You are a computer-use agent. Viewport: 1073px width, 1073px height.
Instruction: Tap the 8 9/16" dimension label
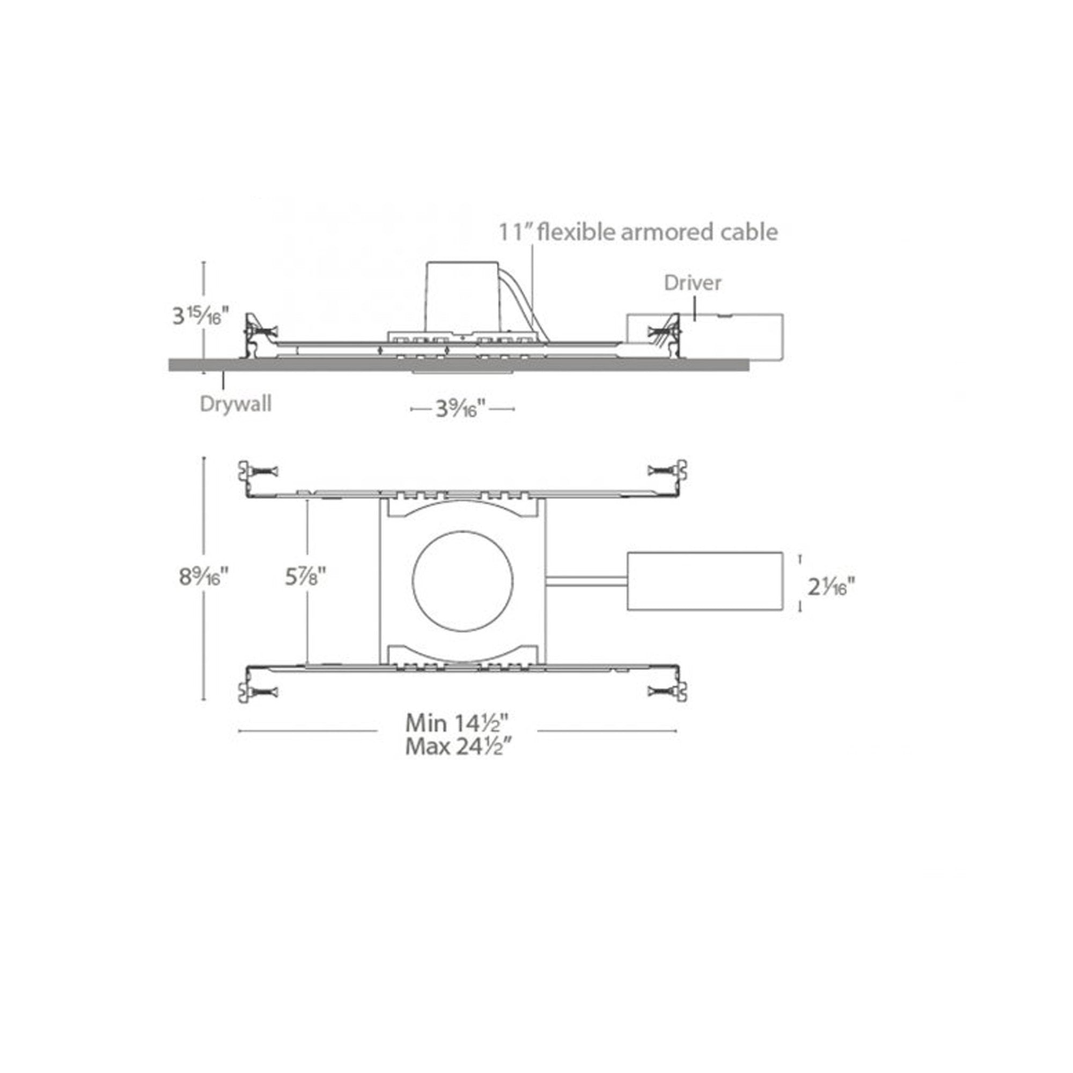click(203, 577)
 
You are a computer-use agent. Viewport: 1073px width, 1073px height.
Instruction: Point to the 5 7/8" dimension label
click(305, 577)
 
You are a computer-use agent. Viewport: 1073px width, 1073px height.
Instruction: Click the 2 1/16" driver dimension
click(831, 586)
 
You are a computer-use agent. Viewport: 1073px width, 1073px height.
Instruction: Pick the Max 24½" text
click(458, 746)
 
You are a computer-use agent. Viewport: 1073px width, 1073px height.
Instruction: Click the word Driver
click(693, 283)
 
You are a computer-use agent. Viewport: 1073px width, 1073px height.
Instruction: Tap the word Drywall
click(236, 405)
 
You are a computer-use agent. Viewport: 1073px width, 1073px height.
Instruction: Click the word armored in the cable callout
click(668, 232)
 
